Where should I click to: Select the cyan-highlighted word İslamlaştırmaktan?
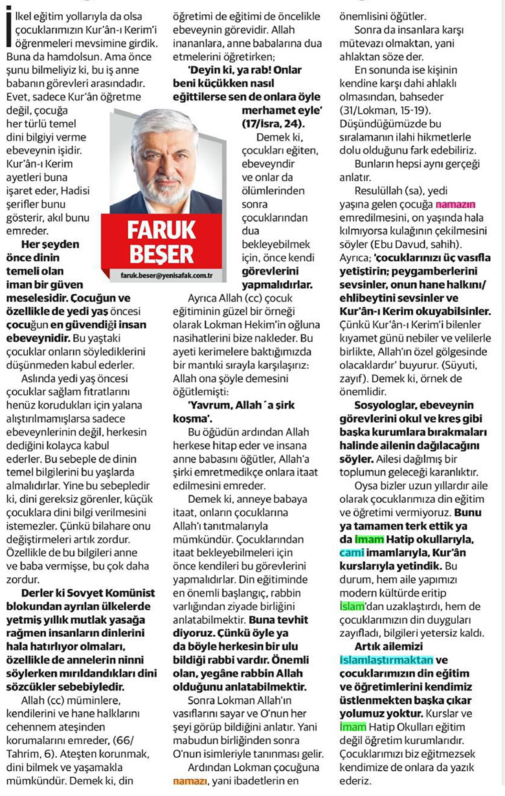tap(386, 660)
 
